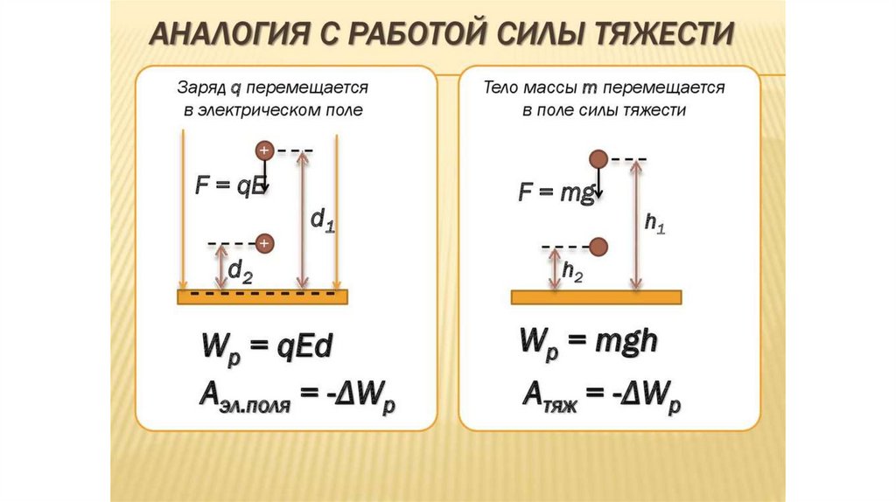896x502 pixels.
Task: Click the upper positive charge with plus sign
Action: (x=265, y=151)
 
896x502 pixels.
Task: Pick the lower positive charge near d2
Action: (x=265, y=243)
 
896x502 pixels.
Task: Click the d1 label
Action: (x=323, y=220)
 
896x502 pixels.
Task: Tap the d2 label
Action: (x=241, y=273)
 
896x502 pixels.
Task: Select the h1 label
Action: (x=654, y=224)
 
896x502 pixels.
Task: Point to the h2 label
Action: (x=572, y=273)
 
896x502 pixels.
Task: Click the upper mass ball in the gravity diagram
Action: (x=598, y=159)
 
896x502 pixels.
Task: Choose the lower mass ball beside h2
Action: (x=598, y=247)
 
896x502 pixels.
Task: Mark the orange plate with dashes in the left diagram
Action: (x=262, y=296)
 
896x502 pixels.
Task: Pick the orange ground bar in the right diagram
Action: (x=596, y=296)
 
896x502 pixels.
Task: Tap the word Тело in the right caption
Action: (x=502, y=88)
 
